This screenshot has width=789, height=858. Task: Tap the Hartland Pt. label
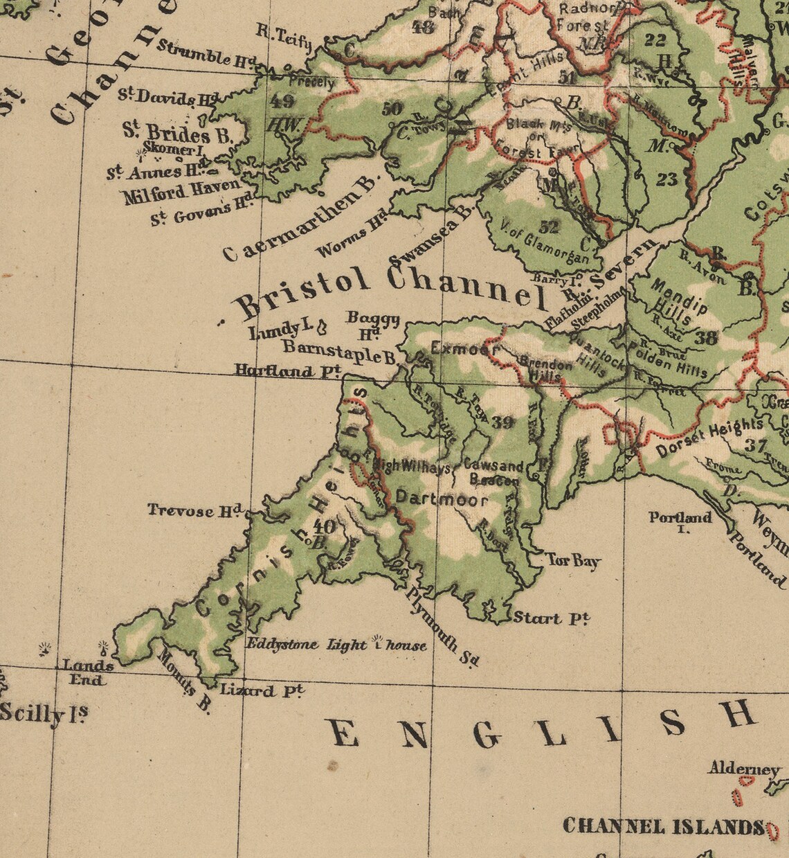click(x=287, y=371)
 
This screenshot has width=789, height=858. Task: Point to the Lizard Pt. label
click(x=262, y=690)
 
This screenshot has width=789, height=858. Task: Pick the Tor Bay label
click(x=573, y=560)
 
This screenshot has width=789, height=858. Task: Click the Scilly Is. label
click(x=44, y=713)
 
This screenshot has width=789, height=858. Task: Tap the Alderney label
click(x=743, y=769)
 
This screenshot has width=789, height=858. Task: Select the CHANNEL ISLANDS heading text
click(x=664, y=826)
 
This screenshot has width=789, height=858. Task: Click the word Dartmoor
click(x=442, y=499)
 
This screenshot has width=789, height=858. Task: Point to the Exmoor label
click(x=464, y=348)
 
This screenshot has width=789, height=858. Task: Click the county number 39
click(x=503, y=422)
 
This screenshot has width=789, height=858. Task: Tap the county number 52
click(x=548, y=226)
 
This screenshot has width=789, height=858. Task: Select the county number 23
click(x=666, y=180)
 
